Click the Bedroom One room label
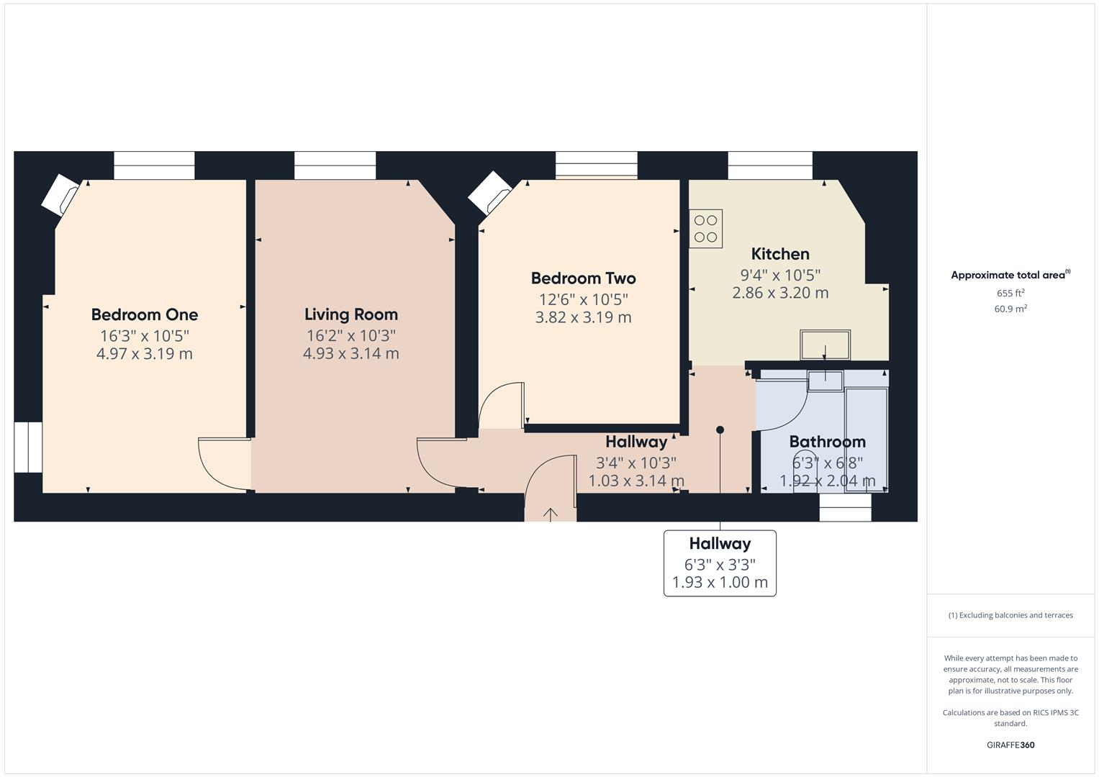(145, 314)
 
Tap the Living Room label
(350, 314)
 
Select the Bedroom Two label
(583, 278)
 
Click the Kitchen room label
(780, 254)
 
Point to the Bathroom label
(827, 442)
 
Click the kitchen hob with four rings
(705, 229)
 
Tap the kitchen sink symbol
(825, 345)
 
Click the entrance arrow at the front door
(551, 514)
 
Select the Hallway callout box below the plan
(720, 563)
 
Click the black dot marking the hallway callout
(720, 430)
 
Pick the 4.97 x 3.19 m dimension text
(145, 353)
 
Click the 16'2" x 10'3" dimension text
(350, 335)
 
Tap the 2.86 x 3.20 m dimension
(780, 293)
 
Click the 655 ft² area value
(1010, 293)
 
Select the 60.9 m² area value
(1010, 309)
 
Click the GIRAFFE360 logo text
(1010, 745)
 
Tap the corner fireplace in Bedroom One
(60, 195)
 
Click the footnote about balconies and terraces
(1010, 615)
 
